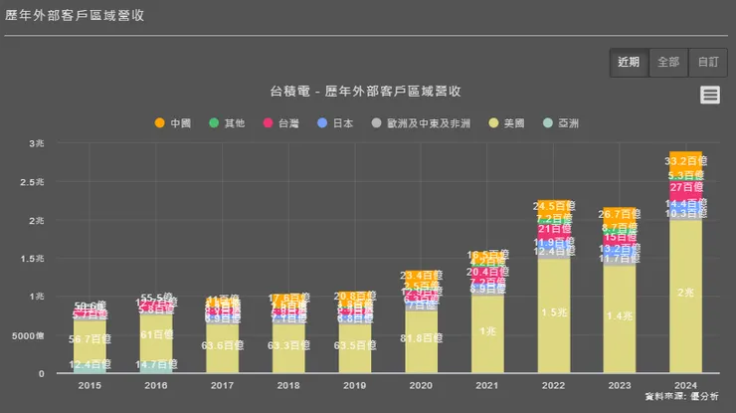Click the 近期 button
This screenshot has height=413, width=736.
tap(629, 62)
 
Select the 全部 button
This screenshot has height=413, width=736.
tap(668, 62)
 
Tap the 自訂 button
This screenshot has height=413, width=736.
tap(707, 62)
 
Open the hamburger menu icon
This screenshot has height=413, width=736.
tap(710, 95)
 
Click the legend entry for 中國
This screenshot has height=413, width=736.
tap(173, 123)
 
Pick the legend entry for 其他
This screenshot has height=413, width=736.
tap(227, 123)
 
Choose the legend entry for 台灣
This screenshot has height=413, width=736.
tap(280, 123)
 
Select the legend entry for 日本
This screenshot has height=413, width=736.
tap(336, 123)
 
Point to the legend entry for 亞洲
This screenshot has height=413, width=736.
tap(561, 123)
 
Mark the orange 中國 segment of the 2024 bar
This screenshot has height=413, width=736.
tap(686, 159)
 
